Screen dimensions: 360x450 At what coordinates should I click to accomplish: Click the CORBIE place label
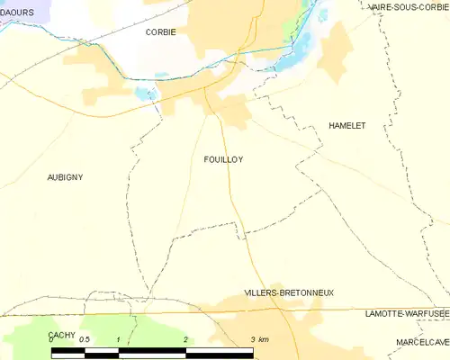tap(161, 31)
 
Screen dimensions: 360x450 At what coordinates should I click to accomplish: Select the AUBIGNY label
tap(65, 177)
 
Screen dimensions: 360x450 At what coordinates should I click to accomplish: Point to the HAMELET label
tap(347, 126)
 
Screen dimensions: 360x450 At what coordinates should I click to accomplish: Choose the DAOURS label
tap(17, 12)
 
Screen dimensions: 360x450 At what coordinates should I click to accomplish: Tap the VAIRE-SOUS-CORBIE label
tap(409, 7)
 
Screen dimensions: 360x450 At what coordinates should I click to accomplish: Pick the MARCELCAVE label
tap(423, 343)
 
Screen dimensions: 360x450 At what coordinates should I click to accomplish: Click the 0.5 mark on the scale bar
tap(84, 339)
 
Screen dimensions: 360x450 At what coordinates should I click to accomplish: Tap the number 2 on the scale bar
tap(184, 339)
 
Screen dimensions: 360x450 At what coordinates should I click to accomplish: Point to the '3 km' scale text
tap(259, 339)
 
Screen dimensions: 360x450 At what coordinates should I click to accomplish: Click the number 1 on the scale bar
tap(119, 339)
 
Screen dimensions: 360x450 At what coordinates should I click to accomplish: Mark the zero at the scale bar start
tap(52, 339)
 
